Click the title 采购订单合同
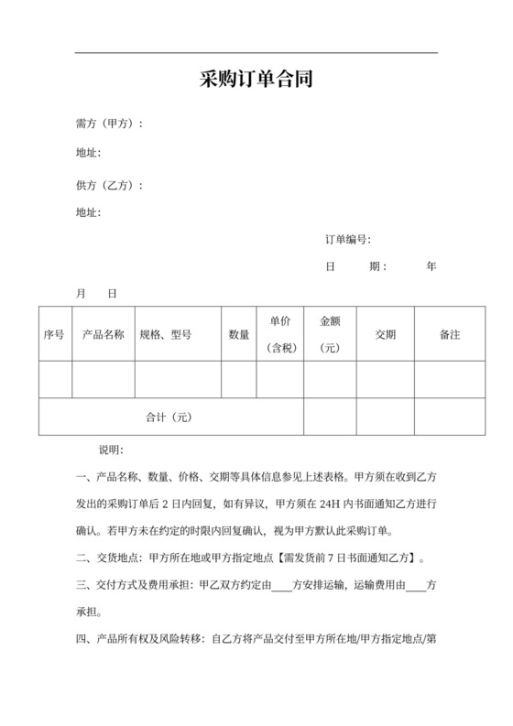[256, 80]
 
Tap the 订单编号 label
[346, 240]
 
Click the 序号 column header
[54, 335]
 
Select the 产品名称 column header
[104, 335]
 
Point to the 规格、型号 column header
[165, 335]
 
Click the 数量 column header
[238, 335]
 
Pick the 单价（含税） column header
[280, 334]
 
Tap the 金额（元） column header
[330, 334]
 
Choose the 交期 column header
[386, 335]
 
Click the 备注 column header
[450, 335]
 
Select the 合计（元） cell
[169, 417]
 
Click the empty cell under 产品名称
[104, 380]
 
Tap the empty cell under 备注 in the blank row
[450, 380]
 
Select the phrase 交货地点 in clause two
[117, 558]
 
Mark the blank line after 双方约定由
[281, 585]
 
